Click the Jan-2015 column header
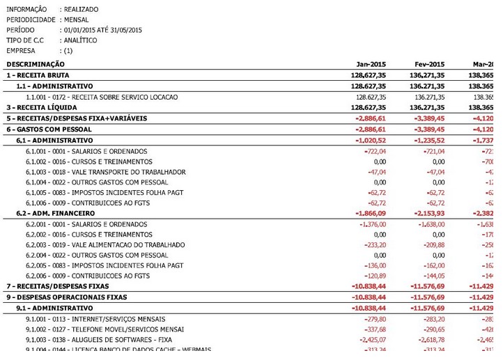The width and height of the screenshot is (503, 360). (371, 64)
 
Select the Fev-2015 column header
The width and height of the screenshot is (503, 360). (430, 64)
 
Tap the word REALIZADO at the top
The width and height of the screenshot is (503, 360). (81, 9)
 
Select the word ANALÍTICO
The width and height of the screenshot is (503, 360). (80, 40)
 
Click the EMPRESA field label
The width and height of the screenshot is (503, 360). (21, 51)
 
